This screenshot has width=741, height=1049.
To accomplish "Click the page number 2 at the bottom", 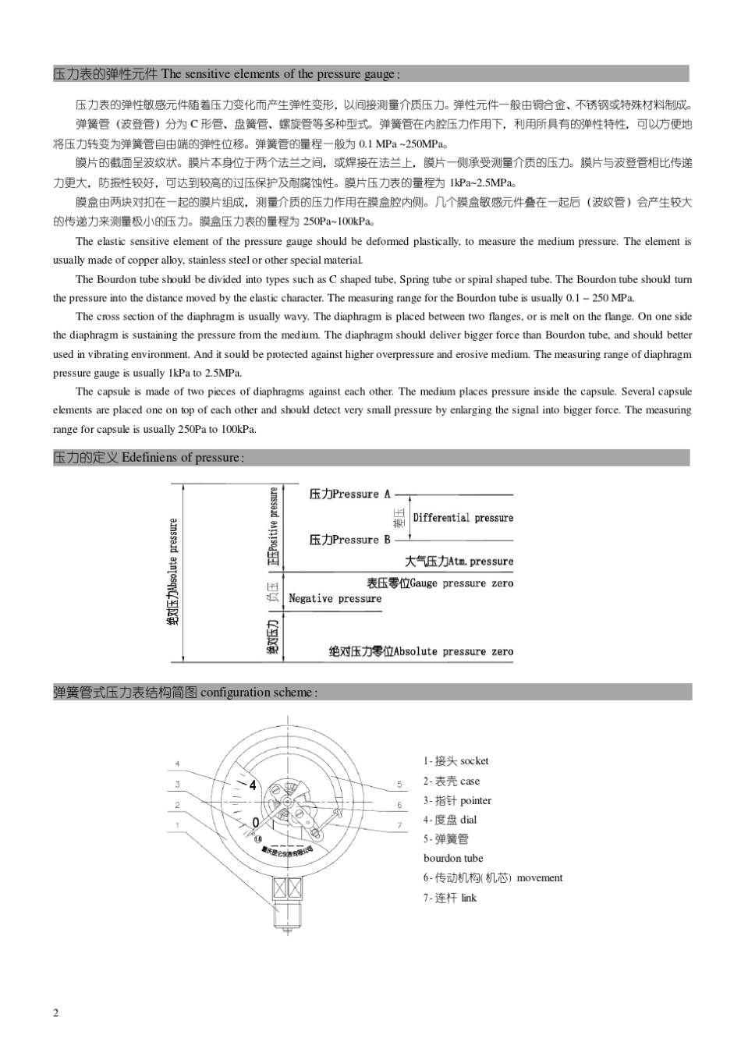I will [x=55, y=1012].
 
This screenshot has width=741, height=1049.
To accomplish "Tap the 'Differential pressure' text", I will [x=463, y=518].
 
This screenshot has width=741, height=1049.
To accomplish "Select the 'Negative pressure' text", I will [x=335, y=599].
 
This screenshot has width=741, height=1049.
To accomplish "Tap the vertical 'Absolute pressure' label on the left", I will [x=173, y=572].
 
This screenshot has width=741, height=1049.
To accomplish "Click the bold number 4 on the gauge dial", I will [x=253, y=785].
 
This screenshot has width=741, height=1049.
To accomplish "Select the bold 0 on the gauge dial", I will [x=255, y=822].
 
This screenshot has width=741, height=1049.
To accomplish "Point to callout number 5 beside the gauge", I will [x=399, y=785].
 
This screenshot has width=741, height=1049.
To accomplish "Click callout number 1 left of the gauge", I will [x=177, y=825].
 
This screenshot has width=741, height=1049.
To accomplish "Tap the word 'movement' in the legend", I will [x=539, y=878].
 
